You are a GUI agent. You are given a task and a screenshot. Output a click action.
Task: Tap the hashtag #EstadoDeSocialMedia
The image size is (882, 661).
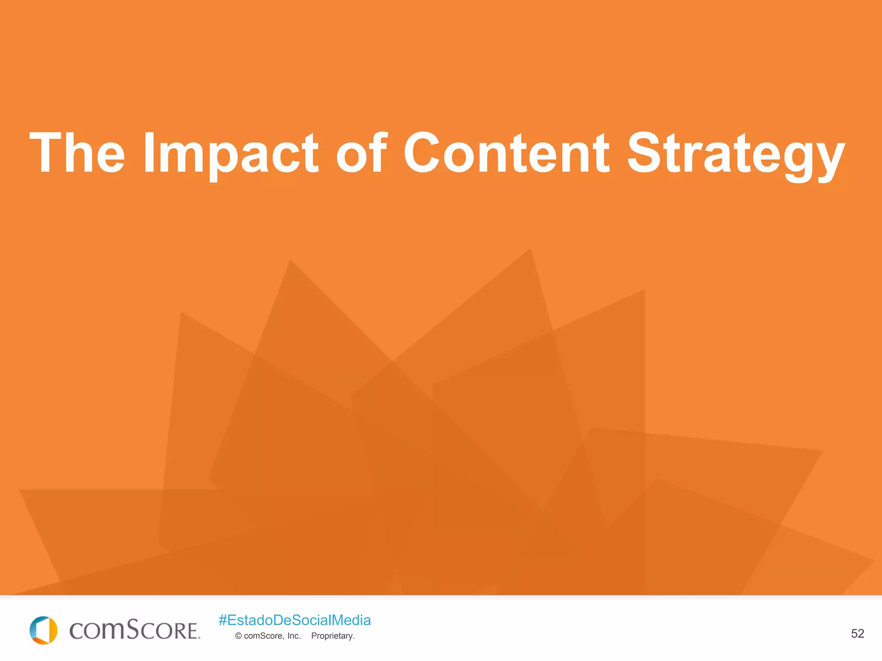(295, 620)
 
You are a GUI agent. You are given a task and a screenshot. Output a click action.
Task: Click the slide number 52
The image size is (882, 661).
(857, 633)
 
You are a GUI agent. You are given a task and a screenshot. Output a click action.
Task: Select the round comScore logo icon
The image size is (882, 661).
(43, 630)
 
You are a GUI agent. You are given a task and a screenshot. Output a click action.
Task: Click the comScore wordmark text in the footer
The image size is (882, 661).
(134, 630)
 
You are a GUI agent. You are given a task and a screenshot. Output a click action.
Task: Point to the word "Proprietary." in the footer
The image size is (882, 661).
(333, 636)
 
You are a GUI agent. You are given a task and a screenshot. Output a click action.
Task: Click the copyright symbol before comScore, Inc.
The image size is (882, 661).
(238, 636)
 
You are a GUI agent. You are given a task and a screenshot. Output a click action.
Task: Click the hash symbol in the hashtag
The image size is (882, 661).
(223, 620)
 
